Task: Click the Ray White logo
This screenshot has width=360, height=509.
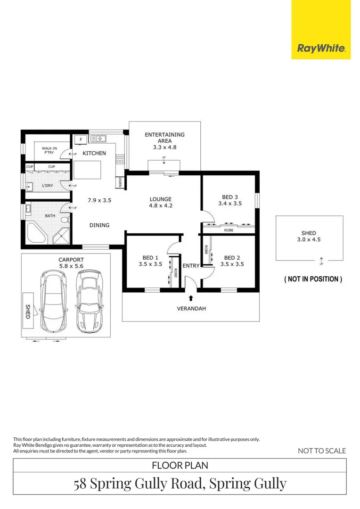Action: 321,48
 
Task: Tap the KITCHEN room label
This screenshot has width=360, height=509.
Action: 94,153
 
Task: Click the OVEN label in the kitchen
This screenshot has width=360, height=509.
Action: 120,182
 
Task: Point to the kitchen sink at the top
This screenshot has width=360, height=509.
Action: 98,139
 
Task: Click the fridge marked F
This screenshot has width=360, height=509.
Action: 81,140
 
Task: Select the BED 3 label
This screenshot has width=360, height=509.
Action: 230,197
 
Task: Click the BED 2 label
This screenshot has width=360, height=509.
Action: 232,258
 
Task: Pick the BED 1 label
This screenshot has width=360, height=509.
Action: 150,258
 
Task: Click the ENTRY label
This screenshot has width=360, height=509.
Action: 191,266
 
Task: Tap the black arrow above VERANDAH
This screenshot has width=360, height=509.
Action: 191,297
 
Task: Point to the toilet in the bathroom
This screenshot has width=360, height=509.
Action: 66,219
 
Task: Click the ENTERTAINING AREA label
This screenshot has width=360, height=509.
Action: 164,138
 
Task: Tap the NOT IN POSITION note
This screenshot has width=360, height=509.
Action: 312,279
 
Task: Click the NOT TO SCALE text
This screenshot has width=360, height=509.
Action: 322,451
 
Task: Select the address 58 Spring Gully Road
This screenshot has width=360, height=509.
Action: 180,484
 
